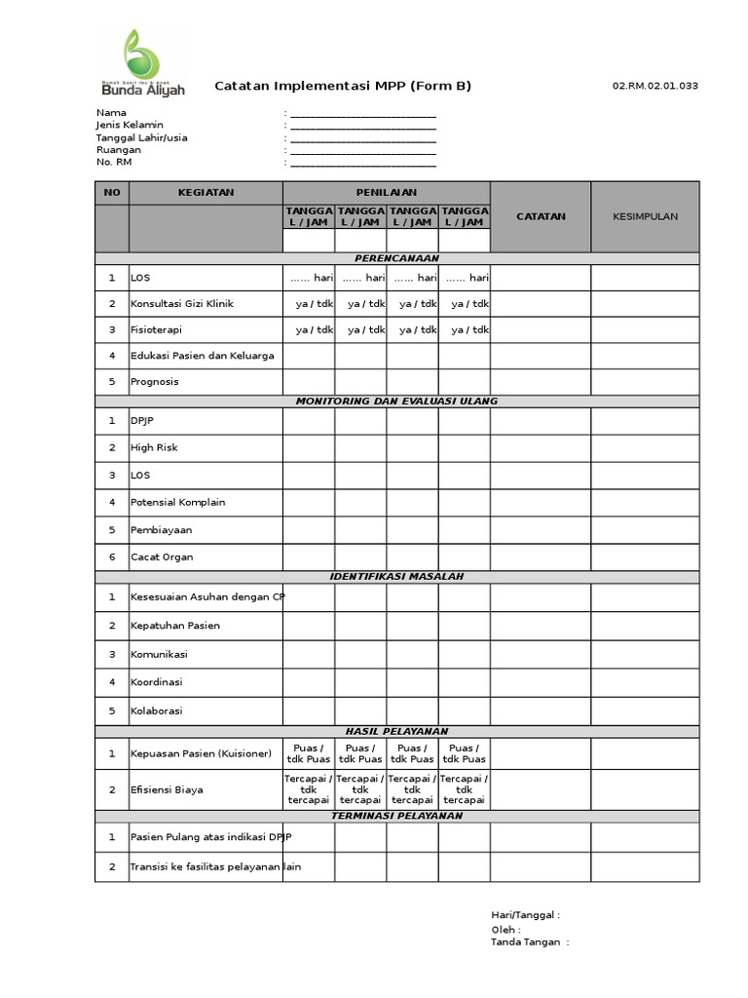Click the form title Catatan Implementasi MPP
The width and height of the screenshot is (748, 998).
pyautogui.click(x=343, y=86)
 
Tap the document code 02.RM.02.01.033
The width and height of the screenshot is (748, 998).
pyautogui.click(x=654, y=86)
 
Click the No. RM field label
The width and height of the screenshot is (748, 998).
pyautogui.click(x=113, y=163)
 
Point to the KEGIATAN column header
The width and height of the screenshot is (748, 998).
pyautogui.click(x=206, y=192)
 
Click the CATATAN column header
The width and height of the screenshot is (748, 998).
pyautogui.click(x=540, y=216)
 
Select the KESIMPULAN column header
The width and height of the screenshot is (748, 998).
pyautogui.click(x=645, y=216)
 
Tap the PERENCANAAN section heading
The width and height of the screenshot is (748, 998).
pyautogui.click(x=396, y=258)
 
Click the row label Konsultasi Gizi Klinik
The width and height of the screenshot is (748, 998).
pyautogui.click(x=182, y=304)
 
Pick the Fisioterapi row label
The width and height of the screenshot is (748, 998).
pyautogui.click(x=156, y=330)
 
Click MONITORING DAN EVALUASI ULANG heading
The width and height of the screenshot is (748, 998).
pyautogui.click(x=396, y=402)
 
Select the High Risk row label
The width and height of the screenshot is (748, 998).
pyautogui.click(x=154, y=448)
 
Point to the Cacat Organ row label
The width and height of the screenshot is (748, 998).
pyautogui.click(x=162, y=557)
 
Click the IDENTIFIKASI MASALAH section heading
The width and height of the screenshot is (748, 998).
pyautogui.click(x=396, y=577)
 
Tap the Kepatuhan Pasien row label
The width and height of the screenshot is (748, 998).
pyautogui.click(x=175, y=626)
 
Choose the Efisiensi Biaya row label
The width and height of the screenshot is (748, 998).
pyautogui.click(x=167, y=790)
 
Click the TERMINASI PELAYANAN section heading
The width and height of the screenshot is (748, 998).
pyautogui.click(x=396, y=816)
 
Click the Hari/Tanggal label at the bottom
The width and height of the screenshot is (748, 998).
pyautogui.click(x=525, y=915)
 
